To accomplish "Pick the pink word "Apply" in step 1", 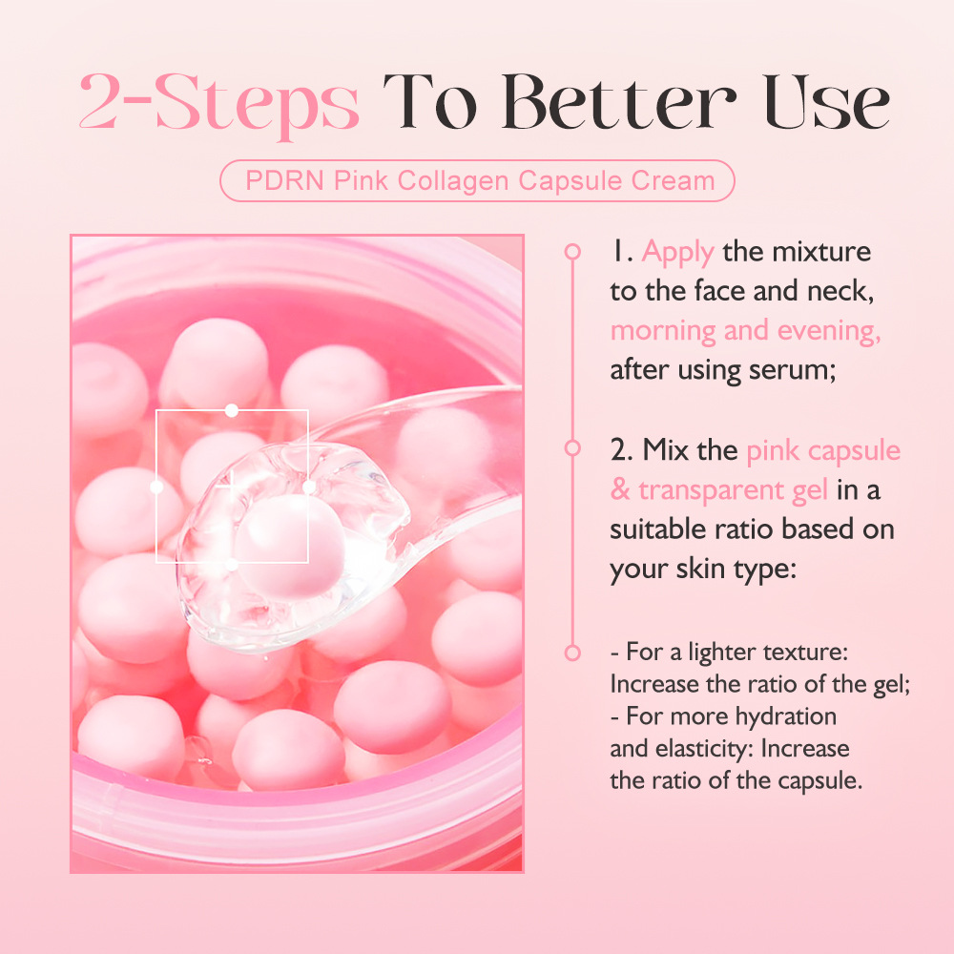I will click(677, 252).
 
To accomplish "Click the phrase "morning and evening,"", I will click(745, 331).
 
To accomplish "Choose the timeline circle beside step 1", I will click(572, 252).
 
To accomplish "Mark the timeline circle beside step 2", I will click(572, 447).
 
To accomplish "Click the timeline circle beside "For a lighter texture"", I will click(572, 653).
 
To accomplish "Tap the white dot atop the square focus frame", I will click(231, 410).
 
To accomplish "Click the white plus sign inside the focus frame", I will click(228, 485).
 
